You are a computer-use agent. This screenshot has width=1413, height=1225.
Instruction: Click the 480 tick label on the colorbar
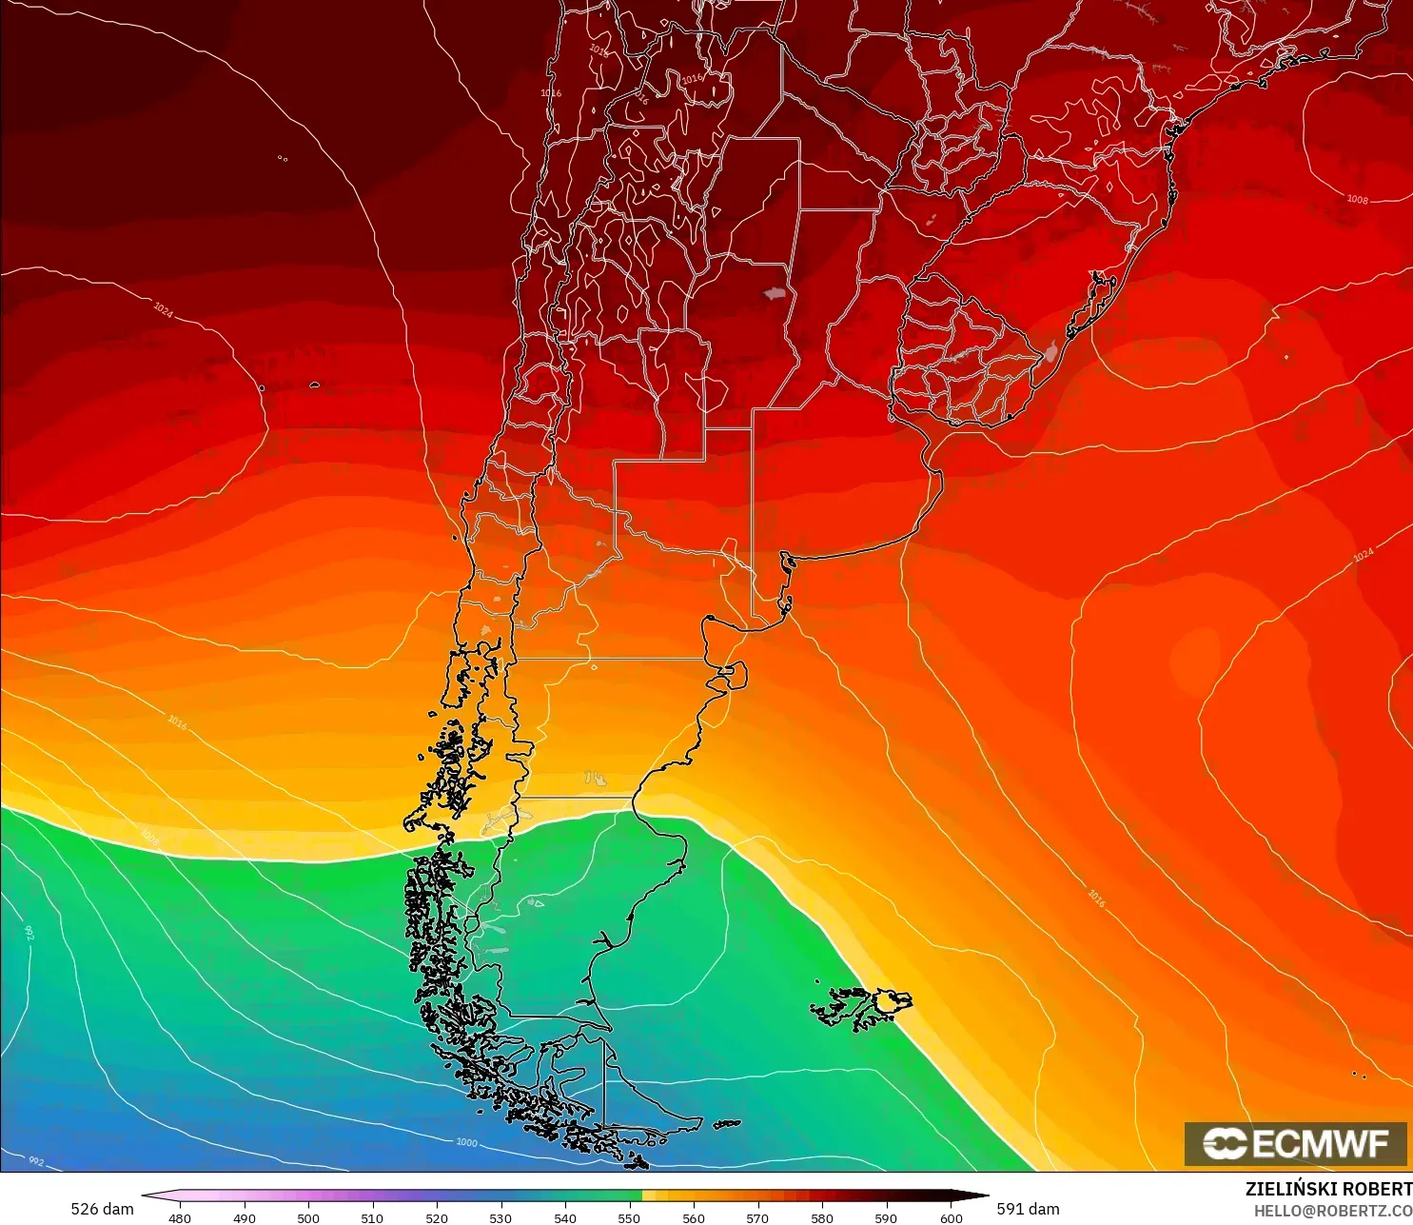tap(179, 1217)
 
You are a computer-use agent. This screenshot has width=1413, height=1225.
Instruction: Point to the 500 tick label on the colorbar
tap(307, 1217)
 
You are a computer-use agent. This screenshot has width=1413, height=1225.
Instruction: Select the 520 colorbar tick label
tap(436, 1217)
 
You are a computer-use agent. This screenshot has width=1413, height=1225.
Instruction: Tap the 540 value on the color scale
tap(564, 1217)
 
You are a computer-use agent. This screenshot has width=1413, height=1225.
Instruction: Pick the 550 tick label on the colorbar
tap(629, 1217)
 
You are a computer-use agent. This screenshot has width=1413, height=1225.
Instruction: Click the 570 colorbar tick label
tap(757, 1217)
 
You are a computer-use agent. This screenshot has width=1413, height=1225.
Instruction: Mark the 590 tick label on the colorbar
tap(886, 1217)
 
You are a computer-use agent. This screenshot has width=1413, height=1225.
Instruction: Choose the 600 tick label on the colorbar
tap(950, 1217)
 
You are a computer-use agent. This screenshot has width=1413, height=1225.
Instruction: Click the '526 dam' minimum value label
tap(102, 1209)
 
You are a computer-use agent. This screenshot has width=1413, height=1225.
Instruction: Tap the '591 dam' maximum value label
tap(1028, 1209)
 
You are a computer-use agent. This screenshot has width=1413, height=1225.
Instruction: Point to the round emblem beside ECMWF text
tap(1225, 1143)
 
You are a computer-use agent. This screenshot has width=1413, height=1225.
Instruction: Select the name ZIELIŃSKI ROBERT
tap(1328, 1189)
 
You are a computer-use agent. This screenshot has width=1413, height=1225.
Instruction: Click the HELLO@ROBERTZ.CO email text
tap(1332, 1211)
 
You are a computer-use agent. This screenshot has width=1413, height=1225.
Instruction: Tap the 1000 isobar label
tap(466, 1142)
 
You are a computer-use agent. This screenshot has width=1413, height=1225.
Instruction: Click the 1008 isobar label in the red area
tap(1357, 199)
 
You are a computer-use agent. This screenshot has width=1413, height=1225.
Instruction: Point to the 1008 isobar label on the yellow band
tap(150, 837)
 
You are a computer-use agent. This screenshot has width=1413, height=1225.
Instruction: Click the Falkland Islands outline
tap(861, 1007)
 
